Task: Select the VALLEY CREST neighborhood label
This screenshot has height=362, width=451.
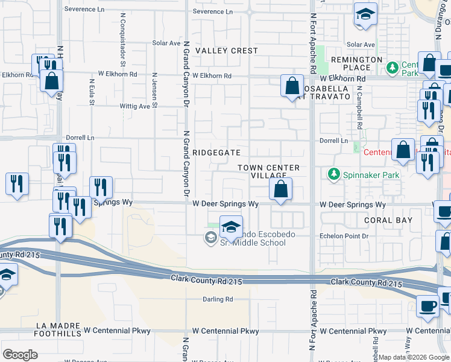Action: tap(227, 51)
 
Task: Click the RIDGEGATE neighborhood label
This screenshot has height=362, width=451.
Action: tap(217, 153)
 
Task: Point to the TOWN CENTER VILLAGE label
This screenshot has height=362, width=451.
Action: tap(269, 171)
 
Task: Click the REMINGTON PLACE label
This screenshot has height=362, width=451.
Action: tap(356, 64)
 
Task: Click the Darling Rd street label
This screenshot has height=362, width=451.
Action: tap(218, 299)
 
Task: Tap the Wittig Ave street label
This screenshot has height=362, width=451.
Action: tap(134, 106)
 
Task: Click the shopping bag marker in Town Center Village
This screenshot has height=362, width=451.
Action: tap(280, 189)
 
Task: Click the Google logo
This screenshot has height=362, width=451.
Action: tap(20, 355)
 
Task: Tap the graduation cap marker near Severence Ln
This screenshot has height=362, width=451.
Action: tap(365, 14)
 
